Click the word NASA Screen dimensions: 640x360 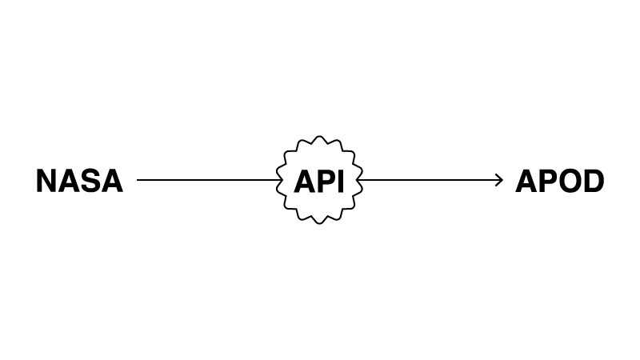pyautogui.click(x=79, y=181)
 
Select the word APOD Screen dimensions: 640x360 pyautogui.click(x=559, y=181)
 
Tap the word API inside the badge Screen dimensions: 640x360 pyautogui.click(x=319, y=181)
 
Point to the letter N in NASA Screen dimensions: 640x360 pyautogui.click(x=46, y=181)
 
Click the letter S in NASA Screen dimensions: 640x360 pyautogui.click(x=90, y=181)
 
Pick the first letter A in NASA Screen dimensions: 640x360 pyautogui.click(x=69, y=181)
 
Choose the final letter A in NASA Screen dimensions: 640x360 pyautogui.click(x=112, y=181)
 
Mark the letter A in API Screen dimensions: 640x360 pyautogui.click(x=306, y=181)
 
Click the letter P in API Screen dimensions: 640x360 pyautogui.click(x=327, y=181)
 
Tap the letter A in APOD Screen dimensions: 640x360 pyautogui.click(x=526, y=181)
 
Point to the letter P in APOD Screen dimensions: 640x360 pyautogui.click(x=549, y=181)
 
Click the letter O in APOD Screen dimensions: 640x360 pyautogui.click(x=570, y=181)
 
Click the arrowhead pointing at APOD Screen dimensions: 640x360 pyautogui.click(x=499, y=180)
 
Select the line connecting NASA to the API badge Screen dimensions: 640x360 pyautogui.click(x=209, y=179)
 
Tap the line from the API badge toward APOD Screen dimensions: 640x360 pyautogui.click(x=430, y=180)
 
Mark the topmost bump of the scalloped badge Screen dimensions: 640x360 pyautogui.click(x=319, y=137)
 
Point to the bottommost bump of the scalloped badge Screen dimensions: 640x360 pyautogui.click(x=319, y=223)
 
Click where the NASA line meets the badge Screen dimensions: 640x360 pyautogui.click(x=281, y=179)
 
